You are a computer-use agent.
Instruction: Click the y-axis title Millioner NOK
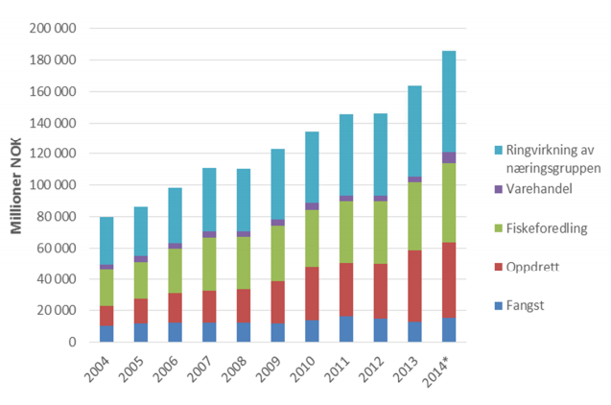[x=17, y=183]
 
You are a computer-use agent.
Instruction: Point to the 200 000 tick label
[x=55, y=29]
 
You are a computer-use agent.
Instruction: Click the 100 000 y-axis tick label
[x=55, y=185]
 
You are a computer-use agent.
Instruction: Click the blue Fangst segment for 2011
[x=346, y=329]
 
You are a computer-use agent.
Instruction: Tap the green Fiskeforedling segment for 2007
[x=209, y=264]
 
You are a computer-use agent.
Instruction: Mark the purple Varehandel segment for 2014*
[x=449, y=157]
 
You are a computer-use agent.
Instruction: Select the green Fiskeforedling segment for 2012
[x=381, y=231]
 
